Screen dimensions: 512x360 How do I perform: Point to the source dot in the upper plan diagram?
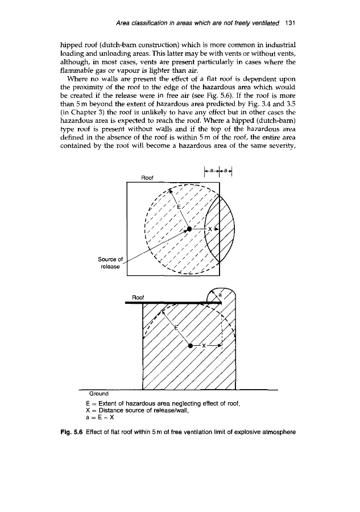tap(189, 229)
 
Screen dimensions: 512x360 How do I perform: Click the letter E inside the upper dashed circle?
tap(179, 207)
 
